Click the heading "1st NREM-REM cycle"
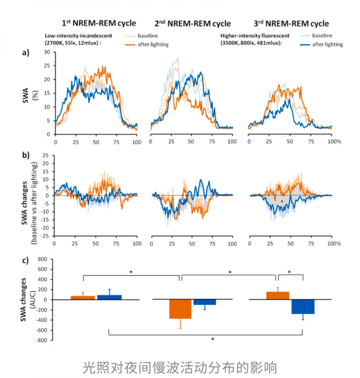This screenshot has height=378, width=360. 98,23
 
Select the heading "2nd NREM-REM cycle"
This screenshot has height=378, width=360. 193,23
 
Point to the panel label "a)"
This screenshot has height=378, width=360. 26,53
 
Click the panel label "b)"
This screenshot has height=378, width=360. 26,155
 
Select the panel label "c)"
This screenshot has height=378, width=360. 25,261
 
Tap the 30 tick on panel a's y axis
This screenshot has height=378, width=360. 47,52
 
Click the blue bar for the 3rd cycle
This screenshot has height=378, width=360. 303,307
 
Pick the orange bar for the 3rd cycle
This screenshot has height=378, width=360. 278,296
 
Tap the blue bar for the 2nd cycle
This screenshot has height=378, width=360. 205,302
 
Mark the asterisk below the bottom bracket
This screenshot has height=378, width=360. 212,339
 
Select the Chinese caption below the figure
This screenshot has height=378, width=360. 180,367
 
